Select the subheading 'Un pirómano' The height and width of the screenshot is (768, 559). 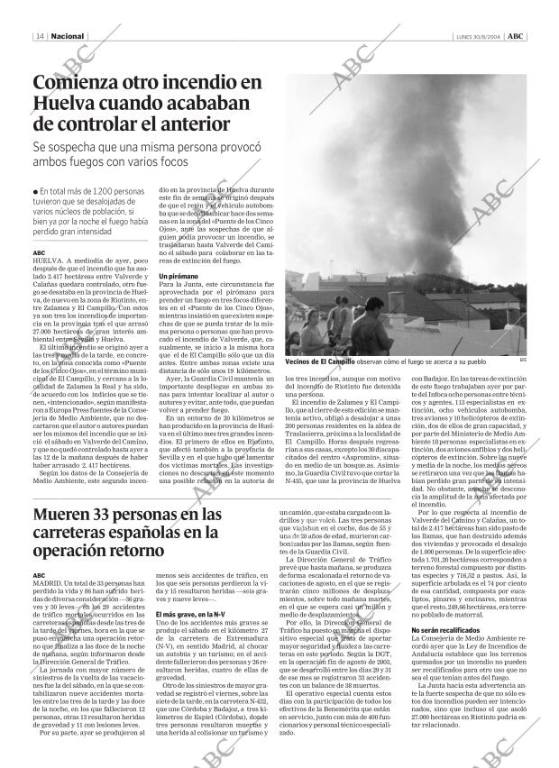(x=179, y=275)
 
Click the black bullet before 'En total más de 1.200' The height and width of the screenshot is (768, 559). (x=34, y=192)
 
